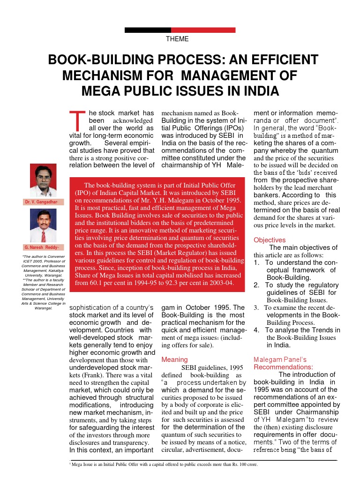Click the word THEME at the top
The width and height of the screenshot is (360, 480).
pyautogui.click(x=177, y=39)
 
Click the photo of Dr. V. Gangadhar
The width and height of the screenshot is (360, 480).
pyautogui.click(x=43, y=180)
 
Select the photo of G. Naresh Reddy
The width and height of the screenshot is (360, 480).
pyautogui.click(x=43, y=225)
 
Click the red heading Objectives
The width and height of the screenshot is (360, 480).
pyautogui.click(x=270, y=240)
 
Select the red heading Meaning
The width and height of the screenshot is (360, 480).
pyautogui.click(x=174, y=360)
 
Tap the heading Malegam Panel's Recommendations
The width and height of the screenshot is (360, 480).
pyautogui.click(x=283, y=363)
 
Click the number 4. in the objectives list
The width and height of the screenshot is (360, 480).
pyautogui.click(x=256, y=330)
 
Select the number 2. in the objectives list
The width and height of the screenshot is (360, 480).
pyautogui.click(x=256, y=285)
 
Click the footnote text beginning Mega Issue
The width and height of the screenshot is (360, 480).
pyautogui.click(x=164, y=465)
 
